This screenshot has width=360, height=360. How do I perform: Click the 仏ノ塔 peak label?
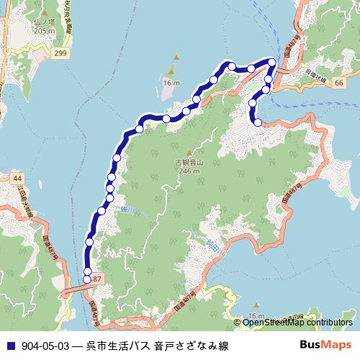tap(44, 23)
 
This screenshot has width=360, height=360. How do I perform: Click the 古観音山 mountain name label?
tap(189, 164)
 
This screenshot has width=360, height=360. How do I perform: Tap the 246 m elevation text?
tap(189, 173)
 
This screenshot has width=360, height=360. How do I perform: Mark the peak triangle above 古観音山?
tap(189, 153)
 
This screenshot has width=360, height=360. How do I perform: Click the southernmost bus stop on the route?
tap(88, 279)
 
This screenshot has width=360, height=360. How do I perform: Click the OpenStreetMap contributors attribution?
tap(297, 323)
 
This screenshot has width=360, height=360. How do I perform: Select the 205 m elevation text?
tap(44, 32)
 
